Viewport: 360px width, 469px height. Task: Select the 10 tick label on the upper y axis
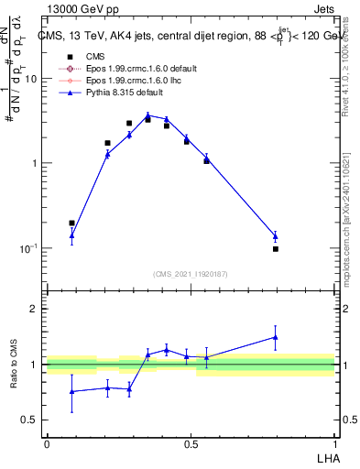31,79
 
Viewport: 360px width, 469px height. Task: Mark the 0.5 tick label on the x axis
191,442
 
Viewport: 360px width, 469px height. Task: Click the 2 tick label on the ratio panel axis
35,310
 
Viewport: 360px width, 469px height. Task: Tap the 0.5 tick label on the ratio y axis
30,420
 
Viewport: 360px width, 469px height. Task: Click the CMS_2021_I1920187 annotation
190,274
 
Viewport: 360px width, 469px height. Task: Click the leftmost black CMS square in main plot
72,223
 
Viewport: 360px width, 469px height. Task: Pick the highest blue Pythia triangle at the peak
147,115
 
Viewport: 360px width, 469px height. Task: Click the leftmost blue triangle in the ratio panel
72,391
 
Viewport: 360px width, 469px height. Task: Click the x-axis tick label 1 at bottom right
333,442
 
